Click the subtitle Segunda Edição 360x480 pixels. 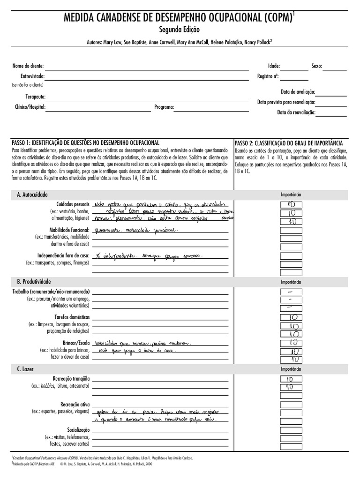(x=180, y=30)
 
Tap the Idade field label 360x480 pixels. (x=274, y=66)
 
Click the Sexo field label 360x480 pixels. (x=316, y=66)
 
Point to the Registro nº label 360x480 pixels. (x=268, y=76)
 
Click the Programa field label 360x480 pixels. (x=164, y=107)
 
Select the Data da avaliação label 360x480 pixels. (x=298, y=92)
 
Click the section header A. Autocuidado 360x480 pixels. (x=32, y=194)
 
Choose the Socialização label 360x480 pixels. (x=78, y=429)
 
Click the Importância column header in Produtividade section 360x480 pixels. (x=291, y=282)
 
